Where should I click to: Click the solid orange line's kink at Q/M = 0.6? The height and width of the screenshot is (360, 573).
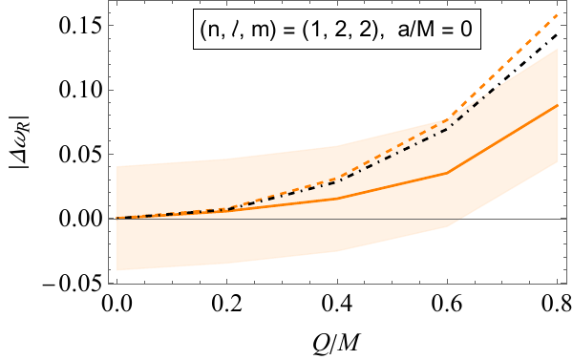pos(447,173)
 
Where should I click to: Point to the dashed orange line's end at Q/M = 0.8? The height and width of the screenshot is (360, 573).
pos(557,15)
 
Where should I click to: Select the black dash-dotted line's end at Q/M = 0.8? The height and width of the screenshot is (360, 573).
pos(557,34)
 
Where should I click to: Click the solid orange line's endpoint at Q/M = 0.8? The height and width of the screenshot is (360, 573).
pos(557,105)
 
